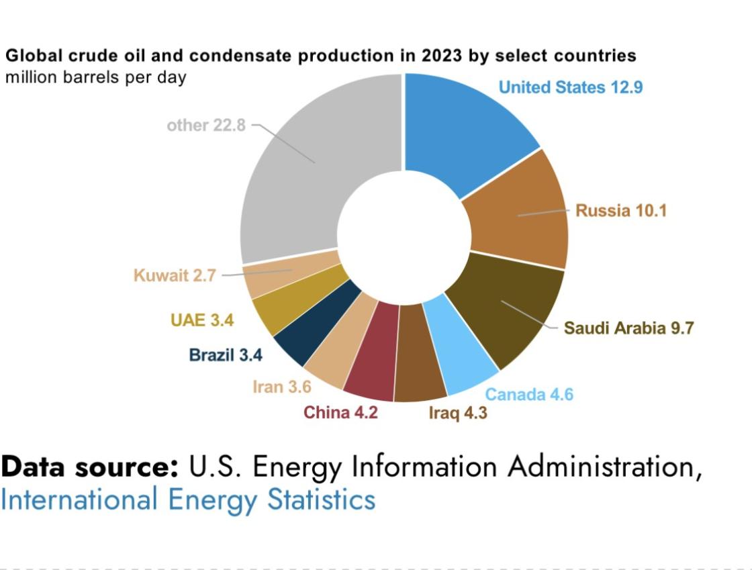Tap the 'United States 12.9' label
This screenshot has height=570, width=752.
(x=571, y=87)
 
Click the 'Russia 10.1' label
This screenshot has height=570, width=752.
(x=621, y=211)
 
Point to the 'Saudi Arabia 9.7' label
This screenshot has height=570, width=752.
(x=628, y=328)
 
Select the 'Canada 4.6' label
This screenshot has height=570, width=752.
(x=529, y=394)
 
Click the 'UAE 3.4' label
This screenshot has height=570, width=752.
(x=202, y=320)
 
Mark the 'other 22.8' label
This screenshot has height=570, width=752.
(x=206, y=126)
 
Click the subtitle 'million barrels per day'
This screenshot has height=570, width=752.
(x=96, y=77)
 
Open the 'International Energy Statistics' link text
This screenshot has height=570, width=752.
(x=188, y=500)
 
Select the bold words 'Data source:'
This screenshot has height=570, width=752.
(x=90, y=467)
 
